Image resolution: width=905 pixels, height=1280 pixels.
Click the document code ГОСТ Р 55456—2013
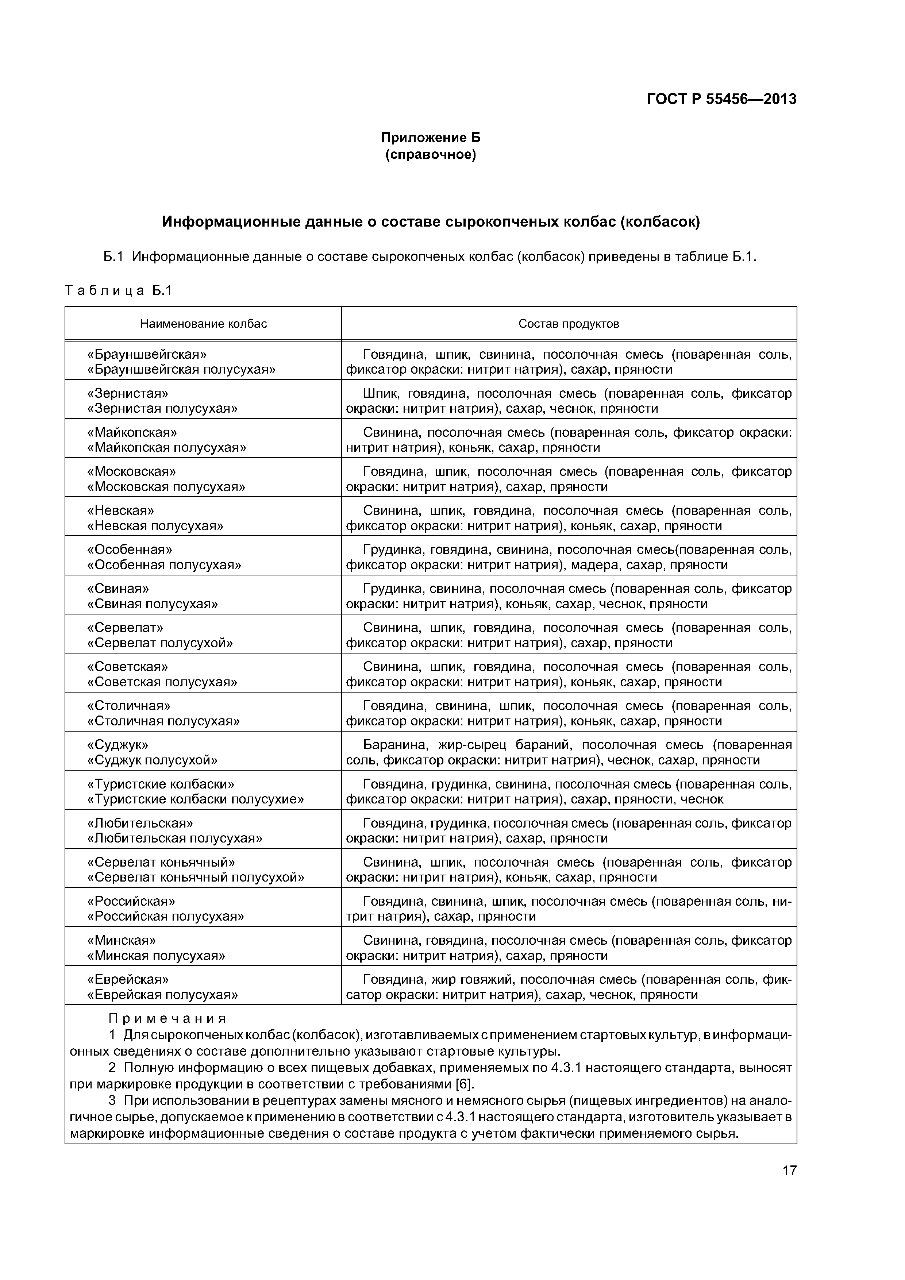pyautogui.click(x=721, y=99)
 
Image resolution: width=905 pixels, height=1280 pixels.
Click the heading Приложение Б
pyautogui.click(x=431, y=138)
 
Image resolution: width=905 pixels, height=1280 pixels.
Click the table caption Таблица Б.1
pyautogui.click(x=118, y=290)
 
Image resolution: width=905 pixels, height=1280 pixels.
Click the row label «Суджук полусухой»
pyautogui.click(x=152, y=760)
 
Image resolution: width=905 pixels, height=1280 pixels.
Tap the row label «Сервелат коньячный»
pyautogui.click(x=161, y=863)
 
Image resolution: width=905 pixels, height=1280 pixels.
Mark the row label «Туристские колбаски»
pyautogui.click(x=161, y=784)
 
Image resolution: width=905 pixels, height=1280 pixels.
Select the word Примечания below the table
pyautogui.click(x=167, y=1018)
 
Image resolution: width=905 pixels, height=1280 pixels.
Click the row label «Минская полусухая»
pyautogui.click(x=156, y=956)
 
